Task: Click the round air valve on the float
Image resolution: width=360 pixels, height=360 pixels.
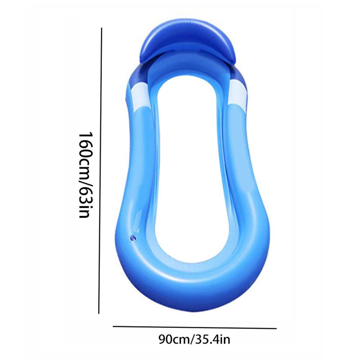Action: [x=133, y=238]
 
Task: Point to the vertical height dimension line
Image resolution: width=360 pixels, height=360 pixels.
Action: [x=100, y=171]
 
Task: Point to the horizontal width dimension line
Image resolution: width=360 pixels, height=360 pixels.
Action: [x=194, y=327]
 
